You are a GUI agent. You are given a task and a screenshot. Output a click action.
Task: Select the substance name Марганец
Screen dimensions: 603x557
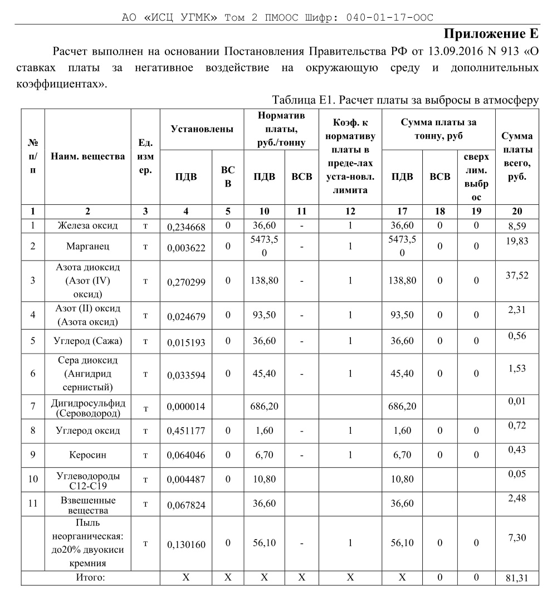87,246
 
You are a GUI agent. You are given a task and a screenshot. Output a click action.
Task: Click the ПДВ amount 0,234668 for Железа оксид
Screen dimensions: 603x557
186,227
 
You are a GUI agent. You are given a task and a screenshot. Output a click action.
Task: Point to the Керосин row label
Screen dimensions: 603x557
87,454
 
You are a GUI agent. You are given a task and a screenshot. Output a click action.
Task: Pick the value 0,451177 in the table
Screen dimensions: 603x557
186,432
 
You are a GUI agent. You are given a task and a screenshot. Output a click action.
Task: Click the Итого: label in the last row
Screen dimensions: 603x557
90,577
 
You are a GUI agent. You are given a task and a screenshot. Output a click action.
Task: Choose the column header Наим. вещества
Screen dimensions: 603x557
87,156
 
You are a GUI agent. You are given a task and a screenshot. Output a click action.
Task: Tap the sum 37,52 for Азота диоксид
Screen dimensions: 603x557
516,276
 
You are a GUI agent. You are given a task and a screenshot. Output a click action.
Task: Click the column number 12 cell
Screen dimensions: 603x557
350,211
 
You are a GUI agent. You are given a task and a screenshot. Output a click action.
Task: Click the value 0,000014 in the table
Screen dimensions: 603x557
186,408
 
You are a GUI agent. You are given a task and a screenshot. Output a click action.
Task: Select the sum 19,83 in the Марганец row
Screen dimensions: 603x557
516,241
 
